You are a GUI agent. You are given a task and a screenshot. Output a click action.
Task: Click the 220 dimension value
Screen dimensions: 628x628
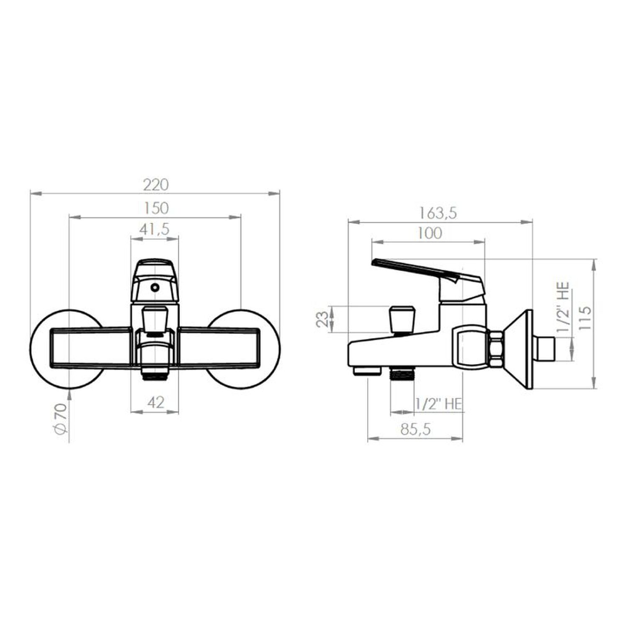[156, 185]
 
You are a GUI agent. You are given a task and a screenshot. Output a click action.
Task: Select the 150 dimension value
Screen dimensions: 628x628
[155, 208]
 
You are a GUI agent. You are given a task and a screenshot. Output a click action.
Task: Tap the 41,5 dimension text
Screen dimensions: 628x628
[154, 229]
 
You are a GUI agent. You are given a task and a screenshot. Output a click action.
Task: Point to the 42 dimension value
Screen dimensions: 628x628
[156, 402]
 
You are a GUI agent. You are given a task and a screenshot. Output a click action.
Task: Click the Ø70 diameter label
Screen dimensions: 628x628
[60, 418]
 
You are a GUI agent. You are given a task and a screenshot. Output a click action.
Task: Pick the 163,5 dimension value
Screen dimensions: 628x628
[438, 213]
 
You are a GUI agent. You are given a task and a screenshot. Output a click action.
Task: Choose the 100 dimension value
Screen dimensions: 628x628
[430, 233]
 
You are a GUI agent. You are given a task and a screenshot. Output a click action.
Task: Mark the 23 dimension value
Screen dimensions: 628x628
[322, 319]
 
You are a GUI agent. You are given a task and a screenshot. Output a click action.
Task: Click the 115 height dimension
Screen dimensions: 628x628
[585, 318]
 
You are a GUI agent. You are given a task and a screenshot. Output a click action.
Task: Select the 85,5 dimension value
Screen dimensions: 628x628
[415, 429]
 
